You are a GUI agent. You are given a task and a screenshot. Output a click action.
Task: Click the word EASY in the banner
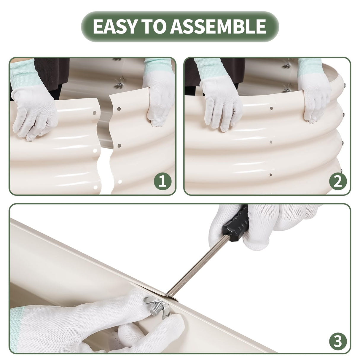[x=114, y=26]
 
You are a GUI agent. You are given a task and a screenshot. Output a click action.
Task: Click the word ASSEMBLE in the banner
[x=218, y=26]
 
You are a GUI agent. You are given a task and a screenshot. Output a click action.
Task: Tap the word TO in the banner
[x=153, y=26]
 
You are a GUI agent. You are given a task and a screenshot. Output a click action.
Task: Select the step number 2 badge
[x=338, y=181]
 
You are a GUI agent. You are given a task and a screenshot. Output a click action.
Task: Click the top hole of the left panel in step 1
[x=95, y=113]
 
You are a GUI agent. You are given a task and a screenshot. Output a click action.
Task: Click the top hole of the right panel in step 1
[x=119, y=109]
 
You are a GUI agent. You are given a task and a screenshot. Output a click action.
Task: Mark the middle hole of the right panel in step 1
[x=120, y=146]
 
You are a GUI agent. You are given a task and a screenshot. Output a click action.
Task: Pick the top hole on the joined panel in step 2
[x=271, y=108]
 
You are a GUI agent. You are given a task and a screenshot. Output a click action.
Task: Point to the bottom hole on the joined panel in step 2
[x=270, y=175]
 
